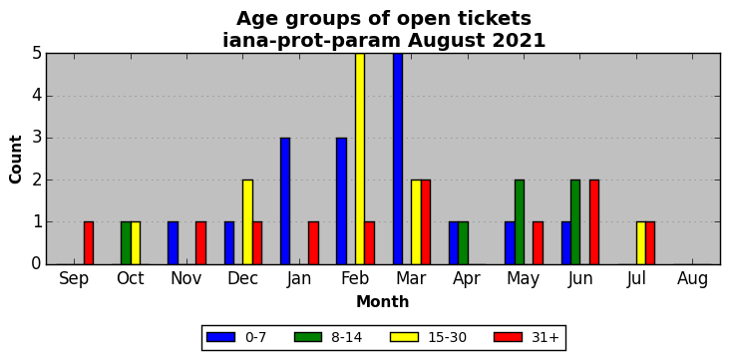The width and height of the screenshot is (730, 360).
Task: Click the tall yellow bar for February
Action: click(360, 159)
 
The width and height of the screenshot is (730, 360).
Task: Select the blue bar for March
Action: click(398, 159)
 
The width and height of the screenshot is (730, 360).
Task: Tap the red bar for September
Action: click(89, 243)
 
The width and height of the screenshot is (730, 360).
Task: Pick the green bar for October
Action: click(126, 243)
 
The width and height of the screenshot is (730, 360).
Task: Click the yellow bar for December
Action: click(247, 222)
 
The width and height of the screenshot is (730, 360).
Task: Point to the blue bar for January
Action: click(285, 201)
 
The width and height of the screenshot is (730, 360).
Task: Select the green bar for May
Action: click(520, 222)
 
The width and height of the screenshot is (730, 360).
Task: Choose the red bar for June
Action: click(594, 222)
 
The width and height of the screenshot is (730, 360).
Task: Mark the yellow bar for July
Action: click(641, 243)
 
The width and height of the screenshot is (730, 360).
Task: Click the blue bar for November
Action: click(173, 243)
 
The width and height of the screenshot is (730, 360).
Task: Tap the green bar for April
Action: click(464, 243)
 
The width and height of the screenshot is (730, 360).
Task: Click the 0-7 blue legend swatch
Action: click(220, 337)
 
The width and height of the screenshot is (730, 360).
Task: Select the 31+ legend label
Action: click(545, 337)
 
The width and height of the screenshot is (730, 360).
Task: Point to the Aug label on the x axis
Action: click(692, 279)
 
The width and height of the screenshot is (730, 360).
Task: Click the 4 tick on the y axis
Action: click(37, 97)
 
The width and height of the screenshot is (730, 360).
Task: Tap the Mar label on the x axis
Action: click(411, 278)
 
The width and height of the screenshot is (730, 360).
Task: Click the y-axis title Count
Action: click(15, 160)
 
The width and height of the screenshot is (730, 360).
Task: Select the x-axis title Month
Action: click(383, 302)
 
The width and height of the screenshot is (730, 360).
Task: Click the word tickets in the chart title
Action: click(493, 19)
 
